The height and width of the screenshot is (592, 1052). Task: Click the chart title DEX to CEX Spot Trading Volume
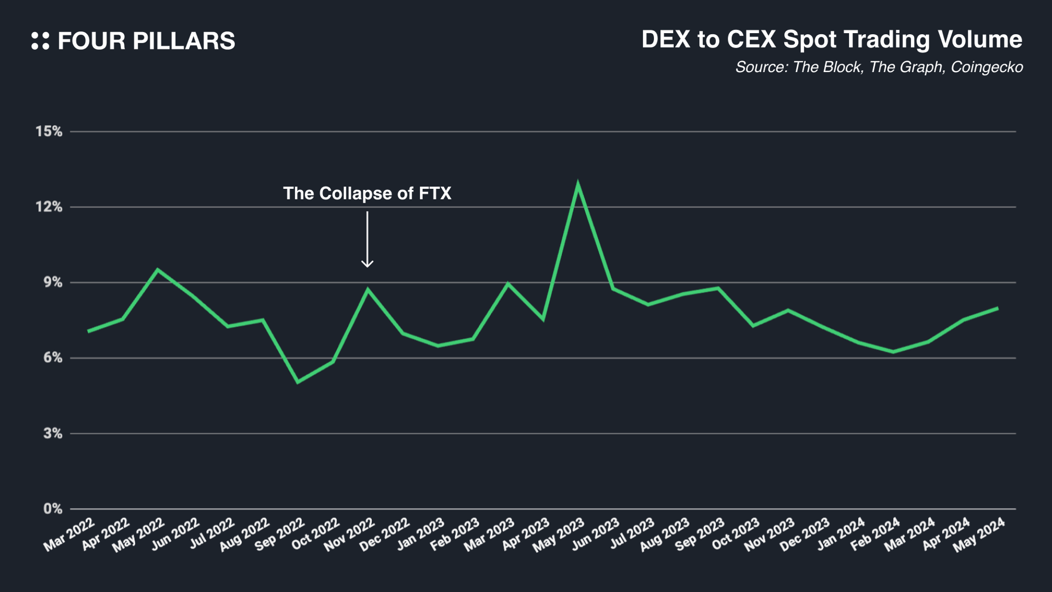(832, 39)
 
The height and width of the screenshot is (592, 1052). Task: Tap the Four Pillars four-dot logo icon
(40, 41)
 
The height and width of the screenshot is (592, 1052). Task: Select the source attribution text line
(879, 67)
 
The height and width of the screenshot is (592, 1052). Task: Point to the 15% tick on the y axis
(49, 132)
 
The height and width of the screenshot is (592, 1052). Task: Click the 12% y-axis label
(49, 207)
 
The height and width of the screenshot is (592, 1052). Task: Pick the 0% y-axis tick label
(53, 509)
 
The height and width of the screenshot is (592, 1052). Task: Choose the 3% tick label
(53, 434)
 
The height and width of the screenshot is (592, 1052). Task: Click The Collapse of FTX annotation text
(367, 194)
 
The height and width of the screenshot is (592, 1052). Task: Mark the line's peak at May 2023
(578, 184)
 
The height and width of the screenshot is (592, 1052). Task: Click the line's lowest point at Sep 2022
(298, 382)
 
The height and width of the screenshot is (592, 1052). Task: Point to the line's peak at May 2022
(158, 269)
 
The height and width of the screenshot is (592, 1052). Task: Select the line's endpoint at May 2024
(998, 308)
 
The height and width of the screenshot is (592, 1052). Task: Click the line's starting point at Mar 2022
(88, 332)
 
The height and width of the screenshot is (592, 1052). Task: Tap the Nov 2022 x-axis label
(349, 535)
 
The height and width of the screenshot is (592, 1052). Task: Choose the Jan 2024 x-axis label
(841, 535)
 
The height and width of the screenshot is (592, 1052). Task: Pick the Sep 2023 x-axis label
(700, 535)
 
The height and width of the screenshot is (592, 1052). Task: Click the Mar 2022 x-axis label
(69, 535)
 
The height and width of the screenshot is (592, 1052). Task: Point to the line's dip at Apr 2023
(542, 319)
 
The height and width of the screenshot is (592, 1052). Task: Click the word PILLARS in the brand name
(184, 41)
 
